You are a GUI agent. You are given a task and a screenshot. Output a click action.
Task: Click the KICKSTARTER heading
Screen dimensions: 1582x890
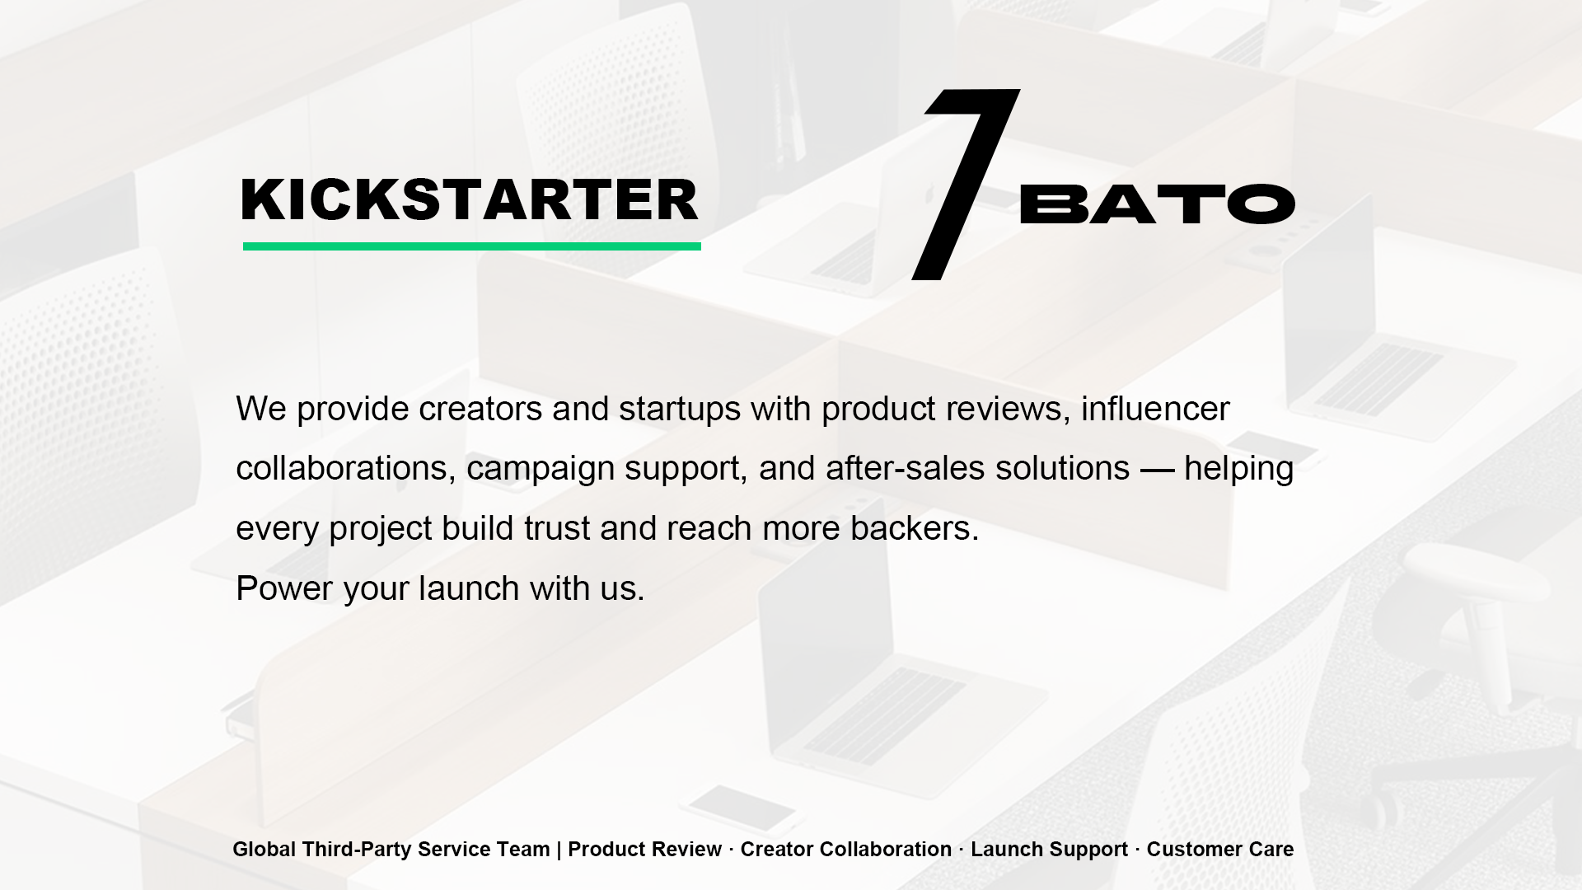[470, 200]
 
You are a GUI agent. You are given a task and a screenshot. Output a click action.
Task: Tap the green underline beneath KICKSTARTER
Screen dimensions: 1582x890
[472, 246]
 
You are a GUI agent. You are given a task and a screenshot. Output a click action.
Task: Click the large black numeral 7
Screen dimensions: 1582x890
[966, 185]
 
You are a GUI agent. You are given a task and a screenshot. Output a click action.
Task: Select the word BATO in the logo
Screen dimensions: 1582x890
[1158, 204]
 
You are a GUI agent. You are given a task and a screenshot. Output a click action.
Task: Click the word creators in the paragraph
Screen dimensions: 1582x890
[480, 409]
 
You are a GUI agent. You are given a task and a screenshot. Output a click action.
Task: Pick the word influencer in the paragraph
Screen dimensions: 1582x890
[1155, 409]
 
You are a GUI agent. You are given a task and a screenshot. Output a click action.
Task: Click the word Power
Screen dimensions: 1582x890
[284, 588]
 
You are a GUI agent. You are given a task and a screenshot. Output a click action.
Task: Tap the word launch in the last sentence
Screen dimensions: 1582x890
[469, 588]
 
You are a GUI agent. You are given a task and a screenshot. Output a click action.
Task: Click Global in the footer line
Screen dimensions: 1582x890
[264, 850]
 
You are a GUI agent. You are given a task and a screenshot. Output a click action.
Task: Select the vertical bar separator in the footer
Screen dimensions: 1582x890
[559, 850]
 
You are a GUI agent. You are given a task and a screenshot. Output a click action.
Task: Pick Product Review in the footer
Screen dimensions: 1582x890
[645, 850]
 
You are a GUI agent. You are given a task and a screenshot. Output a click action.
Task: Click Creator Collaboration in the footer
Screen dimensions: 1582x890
[846, 850]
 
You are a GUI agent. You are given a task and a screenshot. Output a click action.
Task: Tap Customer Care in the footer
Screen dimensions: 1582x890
[1220, 850]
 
